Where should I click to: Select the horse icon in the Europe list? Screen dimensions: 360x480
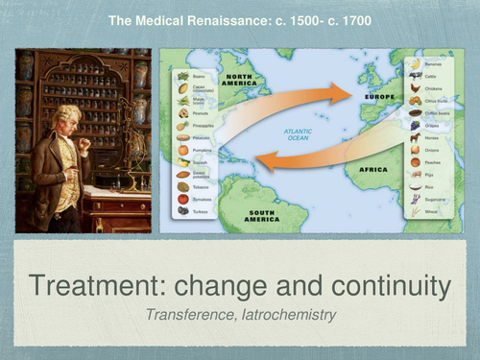coord(416,137)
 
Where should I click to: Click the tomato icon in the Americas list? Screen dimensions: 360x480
coord(182,199)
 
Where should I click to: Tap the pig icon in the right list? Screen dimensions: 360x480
coord(416,174)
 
